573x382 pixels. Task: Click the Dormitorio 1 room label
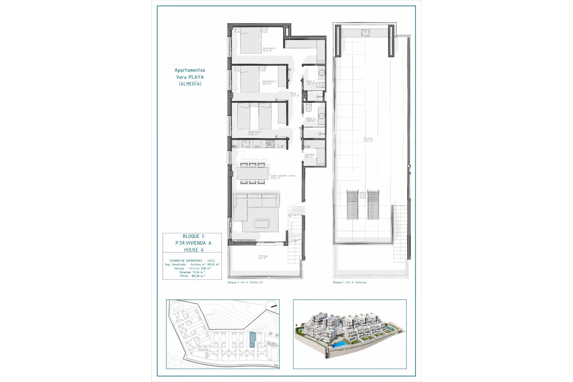(269, 49)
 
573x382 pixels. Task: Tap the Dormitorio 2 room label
(269, 82)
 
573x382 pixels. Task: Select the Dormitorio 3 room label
(255, 133)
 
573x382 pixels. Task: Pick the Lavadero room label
(309, 156)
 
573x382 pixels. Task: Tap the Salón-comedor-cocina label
(282, 177)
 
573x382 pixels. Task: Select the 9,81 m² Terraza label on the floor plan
(263, 257)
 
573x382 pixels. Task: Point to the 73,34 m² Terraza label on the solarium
(368, 139)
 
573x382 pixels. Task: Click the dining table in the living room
(252, 173)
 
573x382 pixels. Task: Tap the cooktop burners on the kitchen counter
(270, 144)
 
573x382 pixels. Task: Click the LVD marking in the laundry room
(307, 147)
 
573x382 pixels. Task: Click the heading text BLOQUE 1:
(194, 236)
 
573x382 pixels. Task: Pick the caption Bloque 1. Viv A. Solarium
(349, 282)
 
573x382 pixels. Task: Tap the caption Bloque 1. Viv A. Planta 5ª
(245, 282)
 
